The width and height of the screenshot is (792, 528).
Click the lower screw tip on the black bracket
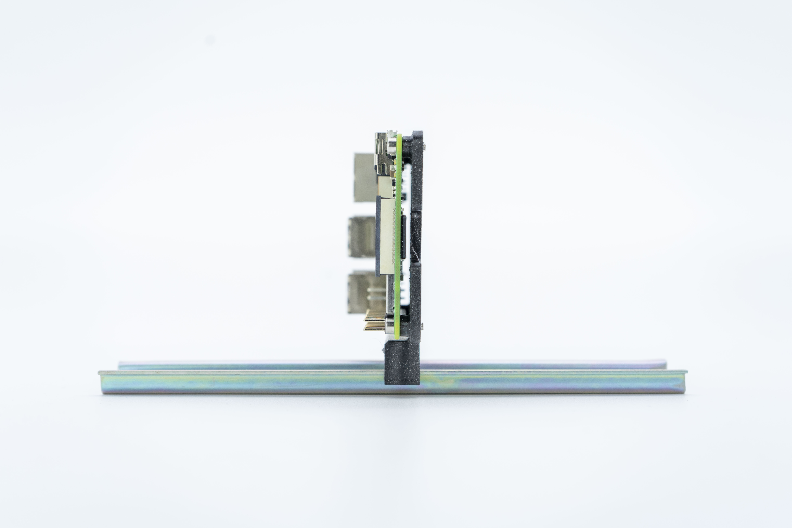click(422, 325)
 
